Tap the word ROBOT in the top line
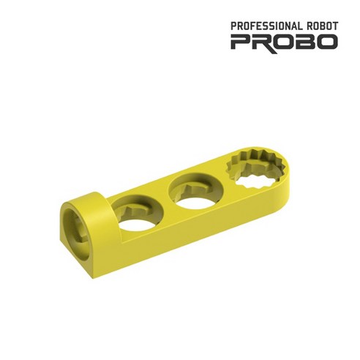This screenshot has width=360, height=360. pyautogui.click(x=323, y=25)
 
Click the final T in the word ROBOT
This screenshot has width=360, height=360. pyautogui.click(x=334, y=25)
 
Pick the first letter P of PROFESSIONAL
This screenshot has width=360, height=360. pyautogui.click(x=233, y=25)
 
